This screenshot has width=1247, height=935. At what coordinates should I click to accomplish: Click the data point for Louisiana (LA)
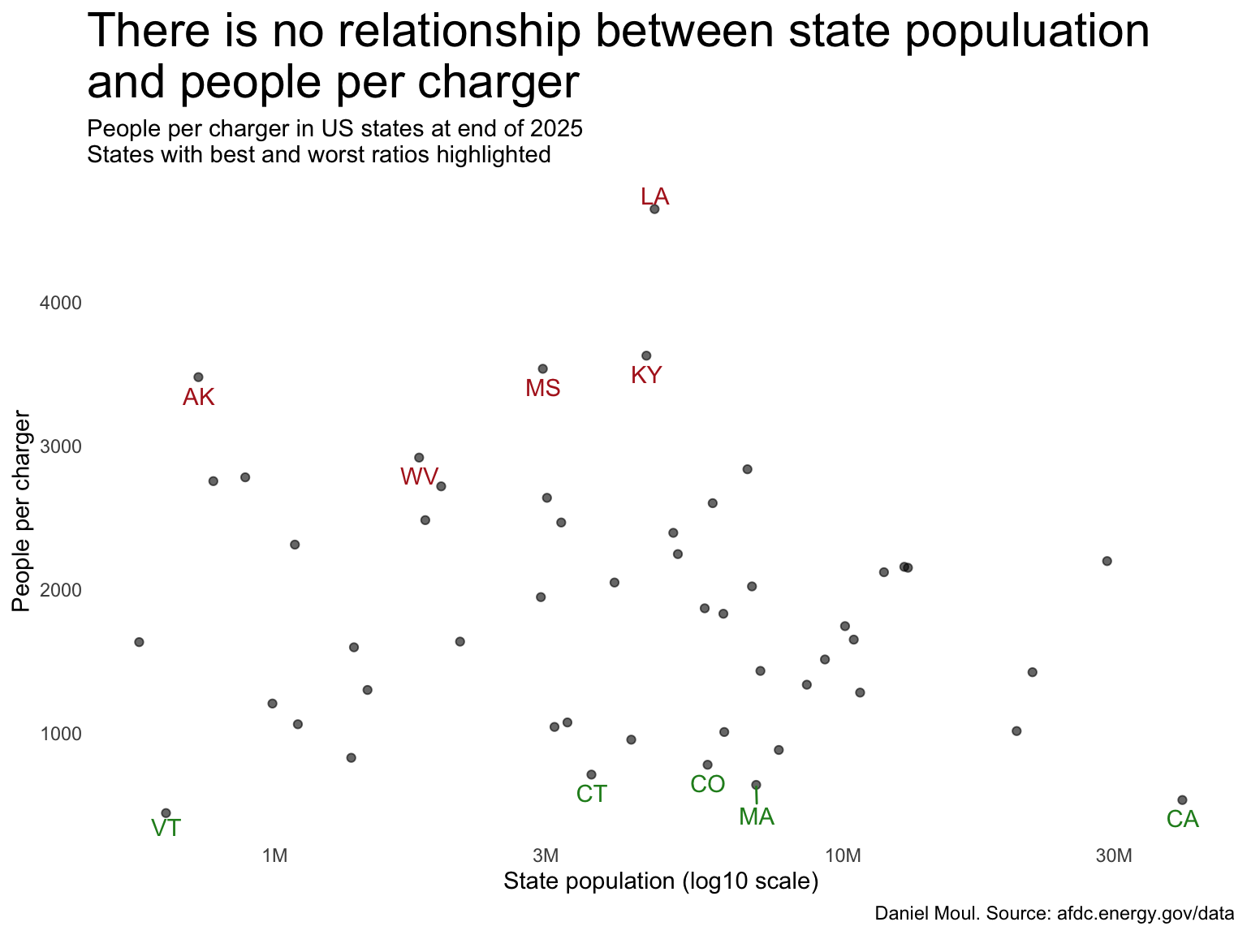[654, 209]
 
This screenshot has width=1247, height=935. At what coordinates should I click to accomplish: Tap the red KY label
[646, 376]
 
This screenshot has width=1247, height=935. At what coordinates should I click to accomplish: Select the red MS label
[542, 389]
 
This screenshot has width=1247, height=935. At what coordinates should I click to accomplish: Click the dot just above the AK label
[198, 377]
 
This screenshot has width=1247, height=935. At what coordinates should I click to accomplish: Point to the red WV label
[419, 477]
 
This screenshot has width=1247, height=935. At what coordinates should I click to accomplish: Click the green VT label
[166, 829]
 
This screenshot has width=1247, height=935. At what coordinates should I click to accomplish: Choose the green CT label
[592, 795]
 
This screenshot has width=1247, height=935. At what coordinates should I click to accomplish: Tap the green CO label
[707, 785]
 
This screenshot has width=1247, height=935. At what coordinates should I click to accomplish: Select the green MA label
[757, 817]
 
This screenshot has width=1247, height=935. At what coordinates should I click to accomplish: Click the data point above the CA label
[1182, 800]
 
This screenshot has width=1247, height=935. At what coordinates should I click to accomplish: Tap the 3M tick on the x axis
[546, 856]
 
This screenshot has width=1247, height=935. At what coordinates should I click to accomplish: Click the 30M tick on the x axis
[1113, 856]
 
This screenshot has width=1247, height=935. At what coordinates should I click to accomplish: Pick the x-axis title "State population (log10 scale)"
[660, 881]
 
